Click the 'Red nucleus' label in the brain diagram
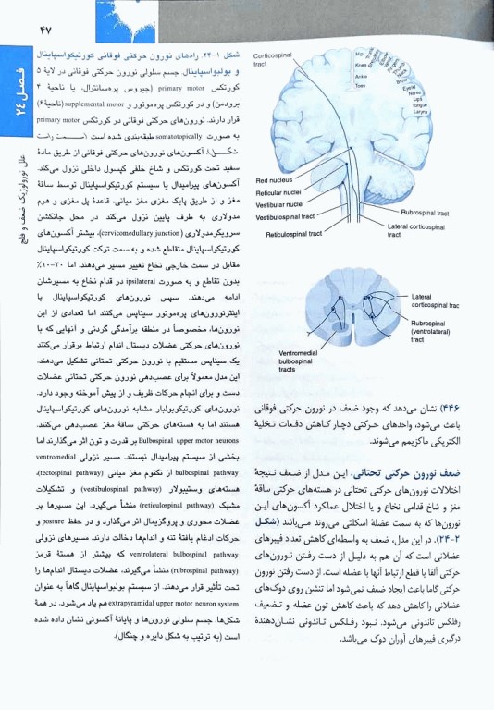[x=276, y=180]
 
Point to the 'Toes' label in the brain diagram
[x=359, y=86]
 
